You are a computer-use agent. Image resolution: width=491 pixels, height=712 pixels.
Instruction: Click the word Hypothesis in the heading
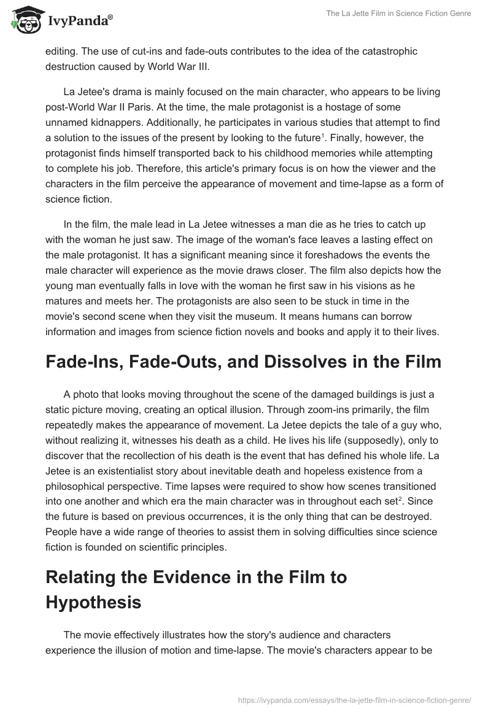point(93,602)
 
